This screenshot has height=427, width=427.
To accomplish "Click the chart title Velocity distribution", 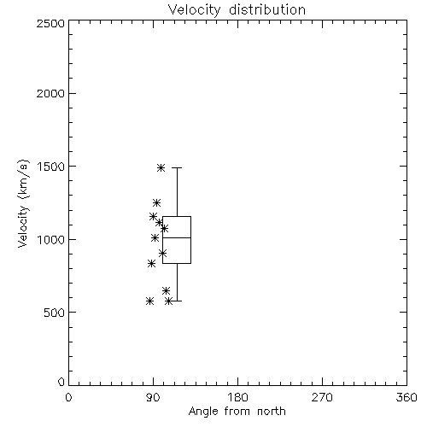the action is pos(237,9).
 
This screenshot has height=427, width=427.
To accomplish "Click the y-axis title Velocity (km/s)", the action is pos(23,203).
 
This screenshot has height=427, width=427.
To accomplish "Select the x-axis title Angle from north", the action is pos(237,411).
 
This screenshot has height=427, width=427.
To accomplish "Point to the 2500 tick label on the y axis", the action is pos(50,23).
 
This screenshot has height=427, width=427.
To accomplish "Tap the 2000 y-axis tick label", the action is pos(50,93).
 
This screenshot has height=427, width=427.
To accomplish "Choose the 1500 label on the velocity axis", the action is pos(51,167).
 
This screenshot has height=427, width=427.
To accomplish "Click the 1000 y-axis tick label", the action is pos(51,239).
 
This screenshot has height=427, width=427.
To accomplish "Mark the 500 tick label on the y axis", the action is pos(55,313).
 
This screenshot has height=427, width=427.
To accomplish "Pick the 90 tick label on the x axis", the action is pos(153,397).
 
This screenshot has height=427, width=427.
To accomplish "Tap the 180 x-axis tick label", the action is pos(237,397).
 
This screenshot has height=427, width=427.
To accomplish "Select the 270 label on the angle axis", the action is pos(322,397).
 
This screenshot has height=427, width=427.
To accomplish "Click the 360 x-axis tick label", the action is pos(407,397).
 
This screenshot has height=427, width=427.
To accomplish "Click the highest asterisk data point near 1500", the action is pos(161,167).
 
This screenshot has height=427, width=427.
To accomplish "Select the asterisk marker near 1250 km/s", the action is pos(156,202).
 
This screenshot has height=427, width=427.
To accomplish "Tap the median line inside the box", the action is pos(177,237).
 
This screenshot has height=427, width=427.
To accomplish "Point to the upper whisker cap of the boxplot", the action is pos(177,167).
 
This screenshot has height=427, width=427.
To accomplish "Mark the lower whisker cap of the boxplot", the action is pos(177,301).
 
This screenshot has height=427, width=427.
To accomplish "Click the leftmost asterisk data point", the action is pos(150,301).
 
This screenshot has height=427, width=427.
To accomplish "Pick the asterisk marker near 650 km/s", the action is pos(167,290).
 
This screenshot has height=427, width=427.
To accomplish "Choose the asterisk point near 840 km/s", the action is pos(152,263).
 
